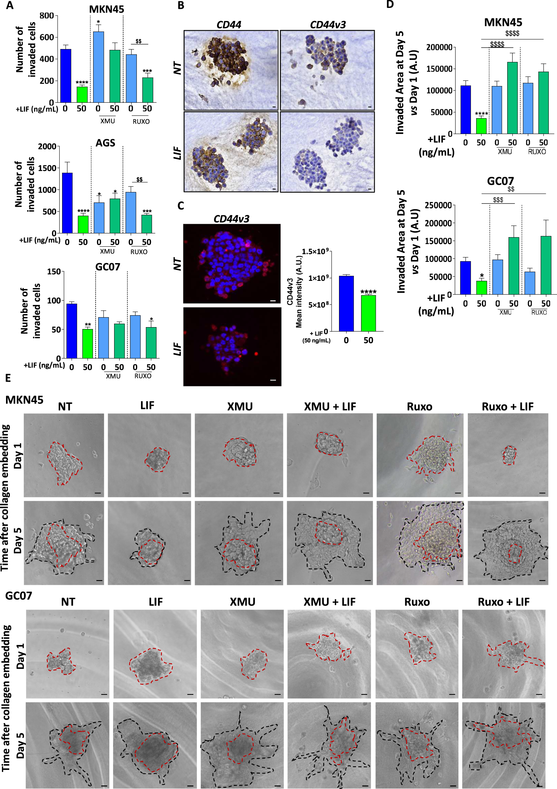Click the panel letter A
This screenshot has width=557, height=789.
[x=10, y=5]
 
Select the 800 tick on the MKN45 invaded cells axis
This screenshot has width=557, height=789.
[x=47, y=16]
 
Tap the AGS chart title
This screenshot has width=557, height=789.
[x=105, y=143]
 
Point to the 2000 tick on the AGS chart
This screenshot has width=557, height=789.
[x=47, y=146]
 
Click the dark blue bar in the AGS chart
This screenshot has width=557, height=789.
[x=67, y=203]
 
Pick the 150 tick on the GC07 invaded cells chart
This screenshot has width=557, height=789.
[x=54, y=271]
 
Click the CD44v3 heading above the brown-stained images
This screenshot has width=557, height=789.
[x=328, y=25]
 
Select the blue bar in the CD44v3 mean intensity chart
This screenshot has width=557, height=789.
[x=346, y=303]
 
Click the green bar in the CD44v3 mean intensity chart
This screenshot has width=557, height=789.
[x=368, y=313]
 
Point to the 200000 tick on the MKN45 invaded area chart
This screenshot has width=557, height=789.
[x=439, y=48]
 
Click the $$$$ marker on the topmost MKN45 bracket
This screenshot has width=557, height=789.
[x=512, y=33]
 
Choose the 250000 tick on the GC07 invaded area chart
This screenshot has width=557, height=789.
[x=438, y=205]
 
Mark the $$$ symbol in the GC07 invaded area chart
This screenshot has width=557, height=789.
[x=498, y=200]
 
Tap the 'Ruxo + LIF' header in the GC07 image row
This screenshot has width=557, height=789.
[x=503, y=602]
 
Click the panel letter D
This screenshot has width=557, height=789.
[x=390, y=5]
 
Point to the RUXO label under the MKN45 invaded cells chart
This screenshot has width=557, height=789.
[x=141, y=121]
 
